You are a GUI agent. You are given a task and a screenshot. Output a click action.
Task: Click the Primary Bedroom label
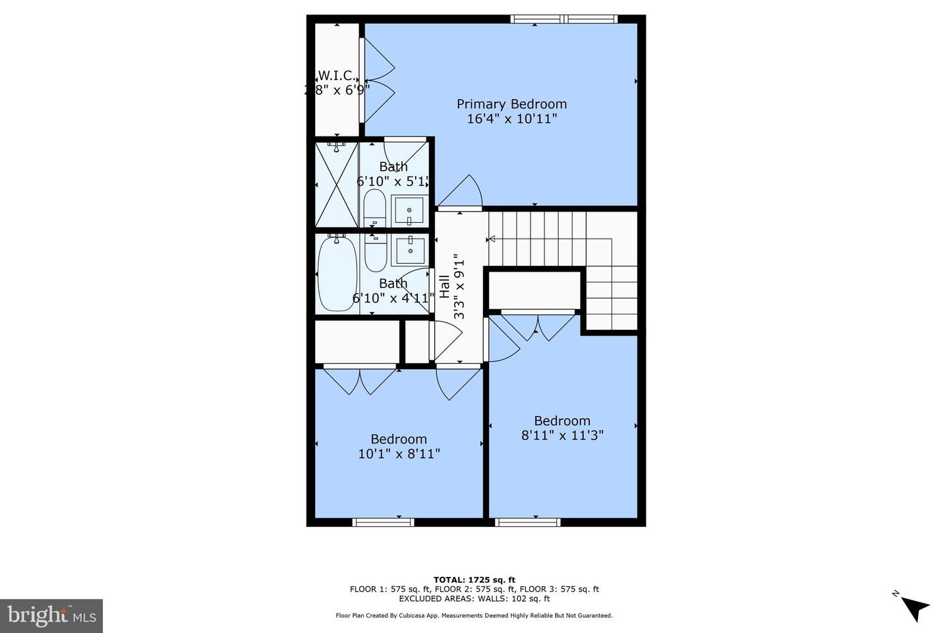(511, 104)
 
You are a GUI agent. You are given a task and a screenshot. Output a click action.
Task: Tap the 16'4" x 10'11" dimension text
(511, 119)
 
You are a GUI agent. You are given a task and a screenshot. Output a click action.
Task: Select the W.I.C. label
(337, 75)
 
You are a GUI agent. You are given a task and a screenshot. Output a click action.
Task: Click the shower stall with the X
(337, 184)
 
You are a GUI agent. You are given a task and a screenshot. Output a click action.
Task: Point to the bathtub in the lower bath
(337, 273)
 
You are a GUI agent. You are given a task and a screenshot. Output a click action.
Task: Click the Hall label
(445, 287)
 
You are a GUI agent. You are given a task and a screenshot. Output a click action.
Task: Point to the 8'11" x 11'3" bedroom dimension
(562, 435)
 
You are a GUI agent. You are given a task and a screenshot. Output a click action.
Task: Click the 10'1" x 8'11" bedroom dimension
(399, 454)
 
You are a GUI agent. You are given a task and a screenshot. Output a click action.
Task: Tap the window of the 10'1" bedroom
(384, 522)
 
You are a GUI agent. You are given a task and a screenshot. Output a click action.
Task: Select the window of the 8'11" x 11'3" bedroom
(528, 522)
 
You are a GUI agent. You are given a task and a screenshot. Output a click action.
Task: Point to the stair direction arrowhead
(491, 239)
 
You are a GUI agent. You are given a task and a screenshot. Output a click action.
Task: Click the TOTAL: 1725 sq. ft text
(474, 580)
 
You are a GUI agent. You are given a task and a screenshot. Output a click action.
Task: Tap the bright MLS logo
(51, 616)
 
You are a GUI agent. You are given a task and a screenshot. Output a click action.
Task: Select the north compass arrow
(914, 607)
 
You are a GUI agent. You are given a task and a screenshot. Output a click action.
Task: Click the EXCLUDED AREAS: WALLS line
(474, 599)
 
